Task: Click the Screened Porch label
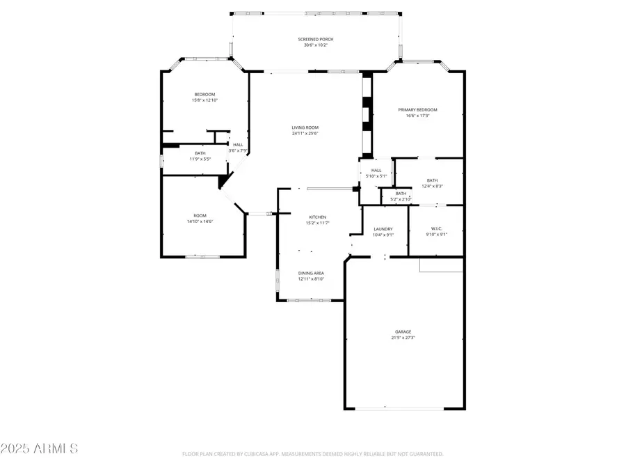316,39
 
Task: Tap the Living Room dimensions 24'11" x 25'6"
305,134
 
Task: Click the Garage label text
403,331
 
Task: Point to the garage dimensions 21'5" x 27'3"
403,338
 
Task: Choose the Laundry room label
383,228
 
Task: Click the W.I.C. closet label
436,228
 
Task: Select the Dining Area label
311,273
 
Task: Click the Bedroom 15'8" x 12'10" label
204,94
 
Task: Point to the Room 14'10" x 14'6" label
200,216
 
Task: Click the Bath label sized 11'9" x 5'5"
200,153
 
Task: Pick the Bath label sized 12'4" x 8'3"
433,180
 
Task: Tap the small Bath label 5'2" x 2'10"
401,194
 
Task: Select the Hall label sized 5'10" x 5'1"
376,170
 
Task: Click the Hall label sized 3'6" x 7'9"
238,145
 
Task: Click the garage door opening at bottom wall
403,408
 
